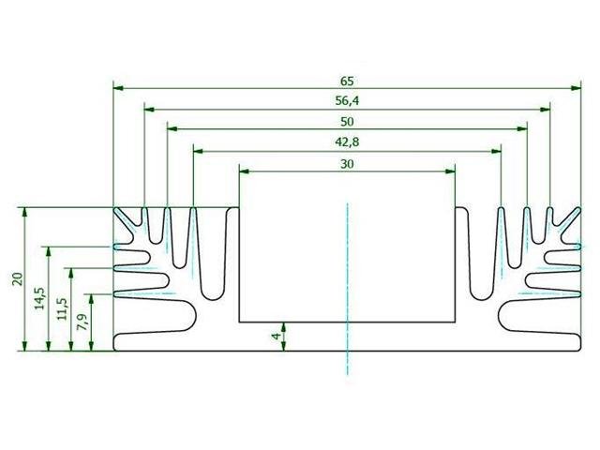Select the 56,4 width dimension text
(347, 102)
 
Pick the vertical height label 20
(17, 278)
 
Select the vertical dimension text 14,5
(39, 299)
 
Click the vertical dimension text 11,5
(62, 308)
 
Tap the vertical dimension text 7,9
(82, 322)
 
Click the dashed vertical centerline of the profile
(347, 281)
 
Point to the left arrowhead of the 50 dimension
(172, 129)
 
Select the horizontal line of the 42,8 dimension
(281, 149)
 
